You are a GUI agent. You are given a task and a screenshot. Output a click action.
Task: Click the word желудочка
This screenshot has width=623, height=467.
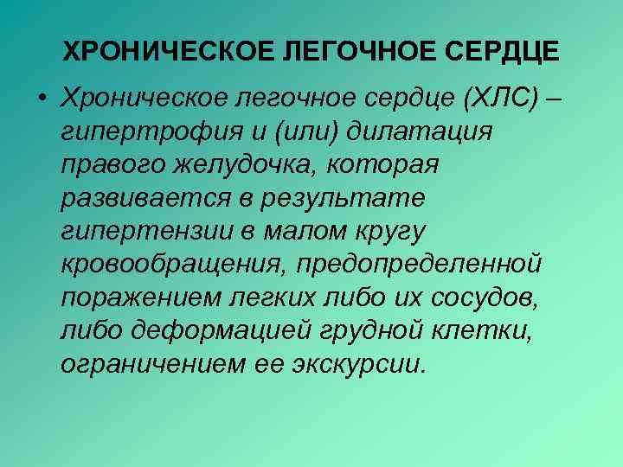coord(239,165)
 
